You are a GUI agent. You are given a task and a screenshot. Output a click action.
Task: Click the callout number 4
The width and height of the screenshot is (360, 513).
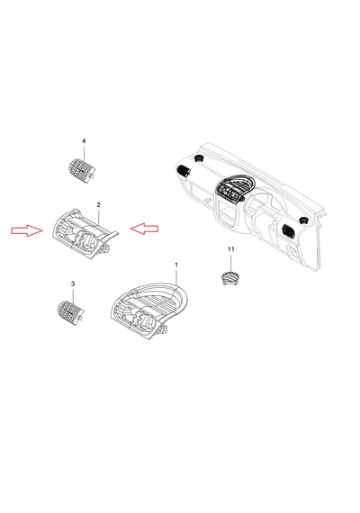[84, 141]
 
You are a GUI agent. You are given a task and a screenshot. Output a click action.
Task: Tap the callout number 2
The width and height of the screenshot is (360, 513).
[98, 205]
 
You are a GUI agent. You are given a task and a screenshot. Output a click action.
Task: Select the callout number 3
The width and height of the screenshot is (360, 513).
[73, 283]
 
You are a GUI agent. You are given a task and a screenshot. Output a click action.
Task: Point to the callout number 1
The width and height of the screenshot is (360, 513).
[176, 265]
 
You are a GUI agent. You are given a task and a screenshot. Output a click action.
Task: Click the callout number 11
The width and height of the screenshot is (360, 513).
[231, 249]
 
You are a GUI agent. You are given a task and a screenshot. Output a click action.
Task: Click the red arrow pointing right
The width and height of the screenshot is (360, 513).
[27, 230]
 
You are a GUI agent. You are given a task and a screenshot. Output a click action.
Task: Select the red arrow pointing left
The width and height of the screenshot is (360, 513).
[144, 228]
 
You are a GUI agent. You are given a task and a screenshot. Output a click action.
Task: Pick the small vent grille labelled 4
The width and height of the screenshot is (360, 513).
[82, 170]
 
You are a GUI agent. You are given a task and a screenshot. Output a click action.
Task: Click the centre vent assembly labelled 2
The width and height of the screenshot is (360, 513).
[85, 234]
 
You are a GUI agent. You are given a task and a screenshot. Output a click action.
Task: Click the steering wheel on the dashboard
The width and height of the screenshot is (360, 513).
[265, 209]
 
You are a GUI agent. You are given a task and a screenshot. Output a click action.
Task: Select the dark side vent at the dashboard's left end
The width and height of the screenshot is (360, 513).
[184, 171]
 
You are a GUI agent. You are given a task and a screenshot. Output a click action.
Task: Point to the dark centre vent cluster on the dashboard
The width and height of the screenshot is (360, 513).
[232, 189]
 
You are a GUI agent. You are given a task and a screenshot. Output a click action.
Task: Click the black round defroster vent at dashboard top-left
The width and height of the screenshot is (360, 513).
[199, 158]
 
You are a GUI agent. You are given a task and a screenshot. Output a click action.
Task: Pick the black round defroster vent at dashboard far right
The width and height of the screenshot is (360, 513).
[303, 220]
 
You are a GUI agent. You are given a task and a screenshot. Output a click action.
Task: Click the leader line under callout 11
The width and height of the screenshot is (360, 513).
[231, 263]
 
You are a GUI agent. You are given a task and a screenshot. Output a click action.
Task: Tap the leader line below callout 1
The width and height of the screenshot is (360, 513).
[176, 276]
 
